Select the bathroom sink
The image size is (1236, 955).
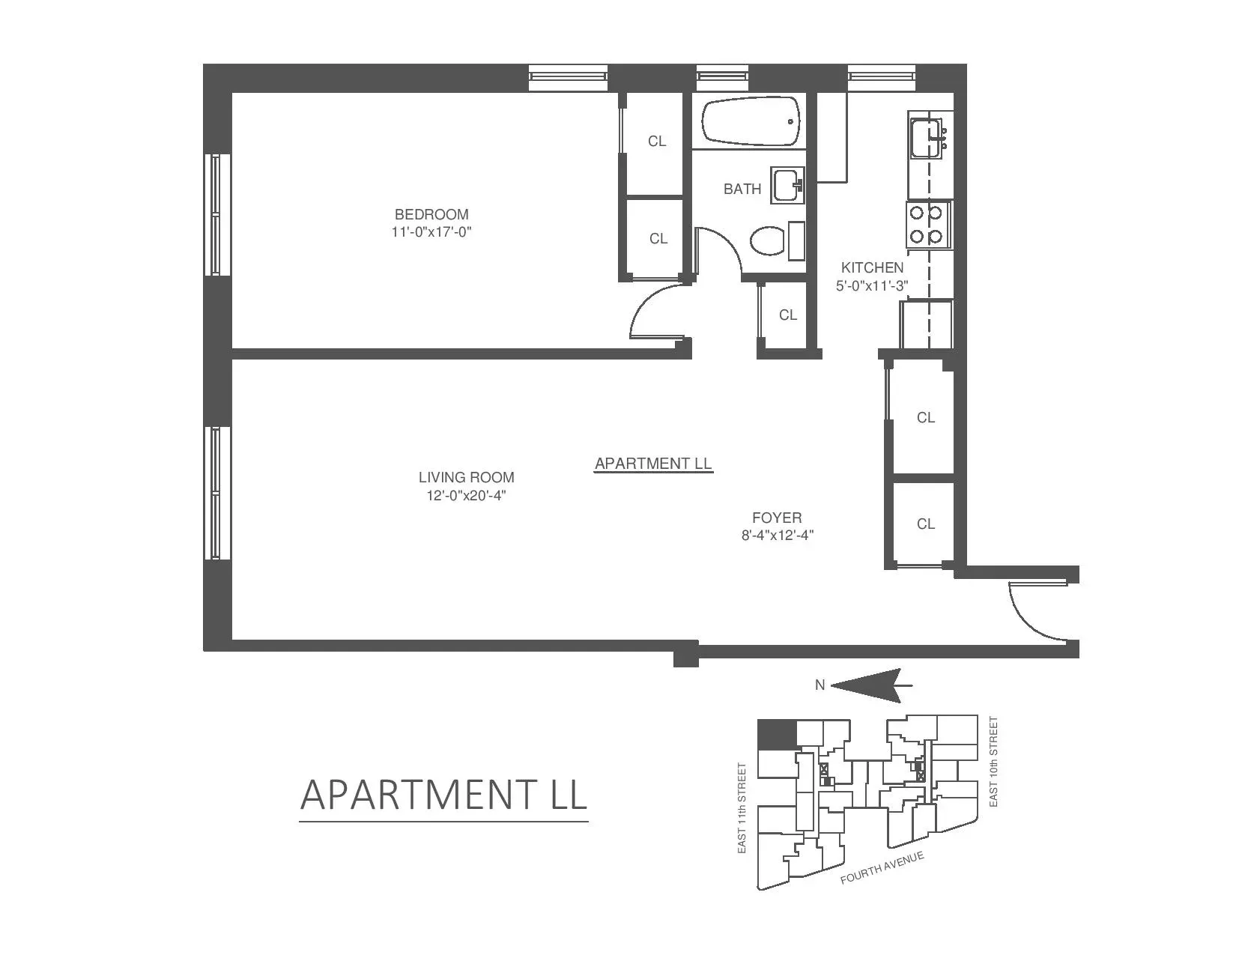[787, 184]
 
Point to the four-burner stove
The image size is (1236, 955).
[927, 225]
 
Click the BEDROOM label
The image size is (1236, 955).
[431, 214]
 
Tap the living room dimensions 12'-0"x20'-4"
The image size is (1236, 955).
[467, 495]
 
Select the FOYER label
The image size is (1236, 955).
[777, 518]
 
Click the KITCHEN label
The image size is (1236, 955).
[872, 267]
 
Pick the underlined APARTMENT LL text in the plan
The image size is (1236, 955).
[653, 464]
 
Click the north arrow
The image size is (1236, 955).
[869, 685]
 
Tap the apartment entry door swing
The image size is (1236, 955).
[1034, 610]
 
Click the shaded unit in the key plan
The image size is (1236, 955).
[776, 734]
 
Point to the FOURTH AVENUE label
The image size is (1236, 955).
[882, 867]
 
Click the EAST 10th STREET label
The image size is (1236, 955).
[994, 762]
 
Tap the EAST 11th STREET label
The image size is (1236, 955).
[742, 808]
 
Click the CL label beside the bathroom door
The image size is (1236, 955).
[787, 315]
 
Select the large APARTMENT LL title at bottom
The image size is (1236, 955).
[443, 795]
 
